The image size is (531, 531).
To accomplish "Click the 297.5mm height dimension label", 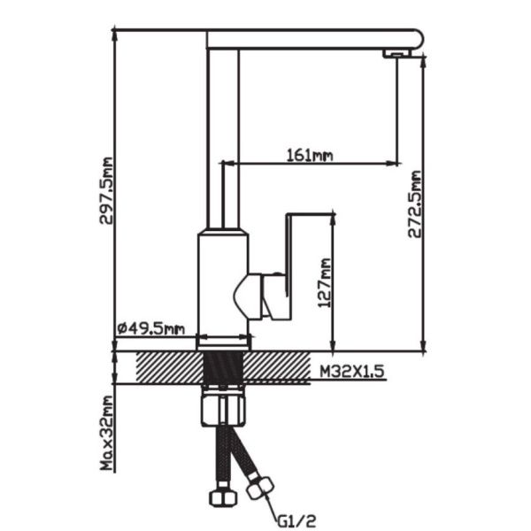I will pyautogui.click(x=107, y=191).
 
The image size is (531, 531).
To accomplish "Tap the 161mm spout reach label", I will pyautogui.click(x=310, y=155).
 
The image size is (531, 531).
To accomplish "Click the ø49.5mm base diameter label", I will pyautogui.click(x=150, y=329).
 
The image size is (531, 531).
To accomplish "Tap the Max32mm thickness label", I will pyautogui.click(x=107, y=434).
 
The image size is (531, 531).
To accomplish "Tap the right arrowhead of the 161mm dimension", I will pyautogui.click(x=391, y=164).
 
